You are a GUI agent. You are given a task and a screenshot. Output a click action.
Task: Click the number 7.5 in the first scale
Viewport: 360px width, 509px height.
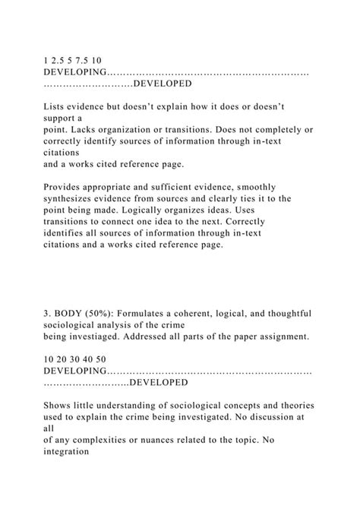[81, 58]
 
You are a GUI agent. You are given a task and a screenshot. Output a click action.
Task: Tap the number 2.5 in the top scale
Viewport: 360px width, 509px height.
[58, 58]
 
